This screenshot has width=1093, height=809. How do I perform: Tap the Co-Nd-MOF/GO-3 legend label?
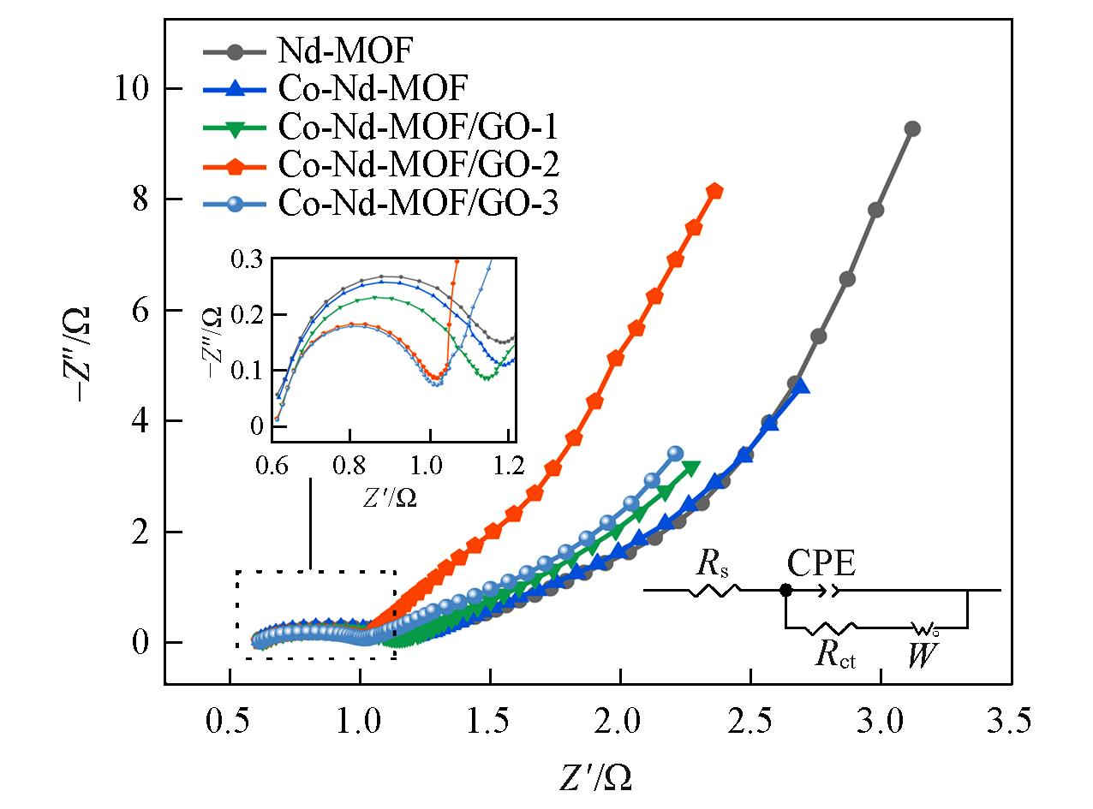pos(418,204)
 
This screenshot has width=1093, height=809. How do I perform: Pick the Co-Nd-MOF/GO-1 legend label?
pos(418,128)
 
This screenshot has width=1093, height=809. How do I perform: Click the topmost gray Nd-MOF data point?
pos(912,128)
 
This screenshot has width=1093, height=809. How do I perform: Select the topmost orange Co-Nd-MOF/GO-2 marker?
pos(714,191)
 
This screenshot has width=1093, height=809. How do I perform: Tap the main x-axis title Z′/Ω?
pos(597,776)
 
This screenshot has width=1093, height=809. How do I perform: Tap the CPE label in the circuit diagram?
pos(821,564)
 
